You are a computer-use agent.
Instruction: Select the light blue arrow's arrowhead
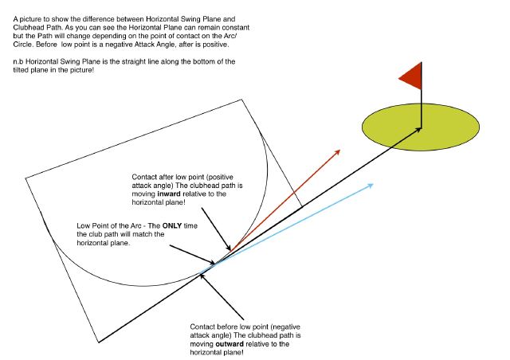click(371, 186)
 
